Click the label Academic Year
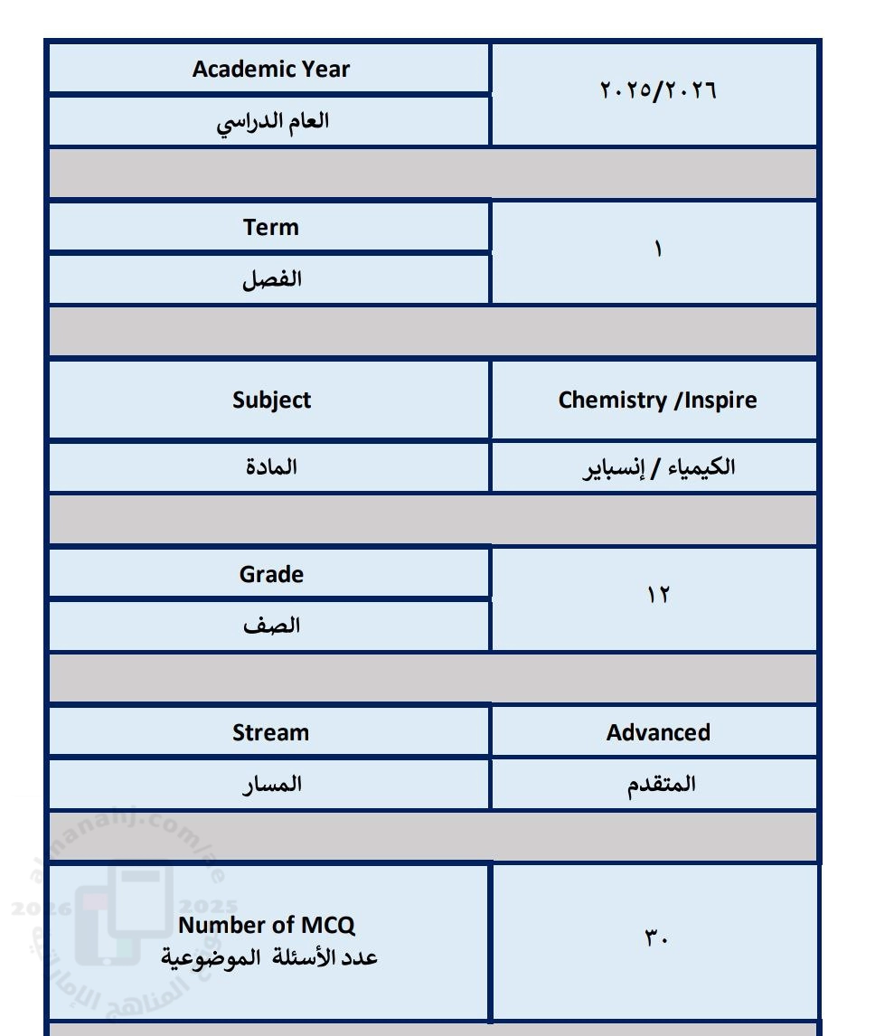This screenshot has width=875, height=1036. pos(270,70)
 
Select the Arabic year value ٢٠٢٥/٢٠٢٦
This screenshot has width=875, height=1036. pos(657,90)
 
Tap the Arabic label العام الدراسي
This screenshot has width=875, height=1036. pos(272,121)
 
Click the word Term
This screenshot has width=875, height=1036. pos(270,227)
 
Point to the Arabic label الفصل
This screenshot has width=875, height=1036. pos(271,279)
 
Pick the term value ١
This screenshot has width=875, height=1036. pos(658,250)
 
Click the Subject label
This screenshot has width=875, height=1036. pos(271,400)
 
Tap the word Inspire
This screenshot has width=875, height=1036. pos(720,400)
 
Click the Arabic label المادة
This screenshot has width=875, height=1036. pos(271,467)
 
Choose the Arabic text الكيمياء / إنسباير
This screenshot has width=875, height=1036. pos(658,467)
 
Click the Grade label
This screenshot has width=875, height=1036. pos(271,574)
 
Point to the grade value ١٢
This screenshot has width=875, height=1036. pos(657,595)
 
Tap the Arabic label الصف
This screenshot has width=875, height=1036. pos(271,626)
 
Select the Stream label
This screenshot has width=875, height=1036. pos(270,732)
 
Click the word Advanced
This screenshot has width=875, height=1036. pos(658,732)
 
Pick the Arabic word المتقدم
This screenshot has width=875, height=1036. pos(662,784)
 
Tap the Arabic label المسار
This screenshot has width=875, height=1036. pos(271,784)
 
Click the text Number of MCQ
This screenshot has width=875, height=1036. pos(267,925)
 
